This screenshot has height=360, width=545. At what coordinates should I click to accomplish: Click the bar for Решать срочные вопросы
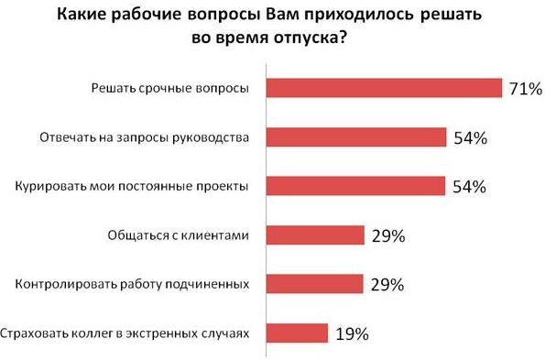click(x=383, y=88)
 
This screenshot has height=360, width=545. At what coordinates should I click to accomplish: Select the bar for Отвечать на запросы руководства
click(x=354, y=137)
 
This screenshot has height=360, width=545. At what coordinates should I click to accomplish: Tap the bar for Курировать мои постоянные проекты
click(x=354, y=186)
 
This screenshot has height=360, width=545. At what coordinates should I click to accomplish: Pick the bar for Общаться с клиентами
click(x=314, y=235)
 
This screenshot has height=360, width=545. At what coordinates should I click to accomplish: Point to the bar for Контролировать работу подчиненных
click(x=314, y=284)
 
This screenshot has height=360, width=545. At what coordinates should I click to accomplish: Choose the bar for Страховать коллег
click(x=296, y=332)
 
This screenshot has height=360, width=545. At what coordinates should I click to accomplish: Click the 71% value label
click(x=526, y=89)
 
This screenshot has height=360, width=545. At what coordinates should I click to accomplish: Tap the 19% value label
click(x=352, y=333)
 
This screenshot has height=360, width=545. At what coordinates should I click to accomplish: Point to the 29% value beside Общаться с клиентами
click(x=387, y=236)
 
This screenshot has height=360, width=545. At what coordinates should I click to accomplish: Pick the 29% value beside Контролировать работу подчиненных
click(x=387, y=285)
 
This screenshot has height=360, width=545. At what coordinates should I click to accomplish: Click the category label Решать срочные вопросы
click(x=170, y=89)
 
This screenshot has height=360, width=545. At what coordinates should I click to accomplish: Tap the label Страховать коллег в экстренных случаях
click(x=125, y=333)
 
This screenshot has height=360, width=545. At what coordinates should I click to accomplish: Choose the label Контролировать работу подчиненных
click(x=133, y=284)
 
